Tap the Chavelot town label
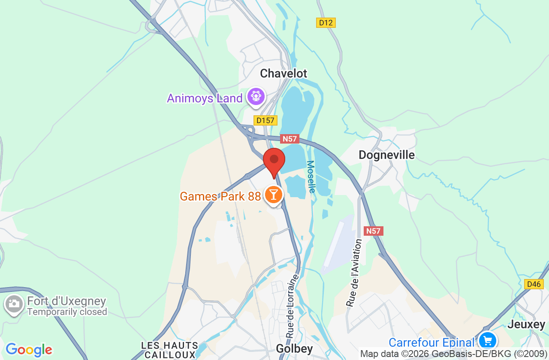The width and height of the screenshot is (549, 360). [284, 74]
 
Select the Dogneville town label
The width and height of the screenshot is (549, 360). [386, 155]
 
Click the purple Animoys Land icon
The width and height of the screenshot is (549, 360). [256, 96]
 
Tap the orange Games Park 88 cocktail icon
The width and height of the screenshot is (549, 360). [273, 195]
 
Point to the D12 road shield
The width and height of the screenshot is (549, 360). [326, 23]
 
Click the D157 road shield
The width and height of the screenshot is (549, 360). [265, 120]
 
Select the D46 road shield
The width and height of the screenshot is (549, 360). [534, 284]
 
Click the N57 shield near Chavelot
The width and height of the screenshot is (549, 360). [290, 139]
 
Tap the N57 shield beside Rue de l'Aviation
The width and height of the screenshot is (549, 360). [373, 231]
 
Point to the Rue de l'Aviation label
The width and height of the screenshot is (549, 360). [354, 273]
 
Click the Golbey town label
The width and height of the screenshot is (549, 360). [294, 349]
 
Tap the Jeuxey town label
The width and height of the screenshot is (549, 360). [526, 324]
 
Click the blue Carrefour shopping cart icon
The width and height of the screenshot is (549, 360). [487, 341]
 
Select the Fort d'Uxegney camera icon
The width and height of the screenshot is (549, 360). [14, 304]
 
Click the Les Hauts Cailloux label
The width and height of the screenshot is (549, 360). [170, 350]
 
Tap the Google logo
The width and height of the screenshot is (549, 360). [29, 350]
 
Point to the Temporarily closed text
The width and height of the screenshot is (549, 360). [67, 312]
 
